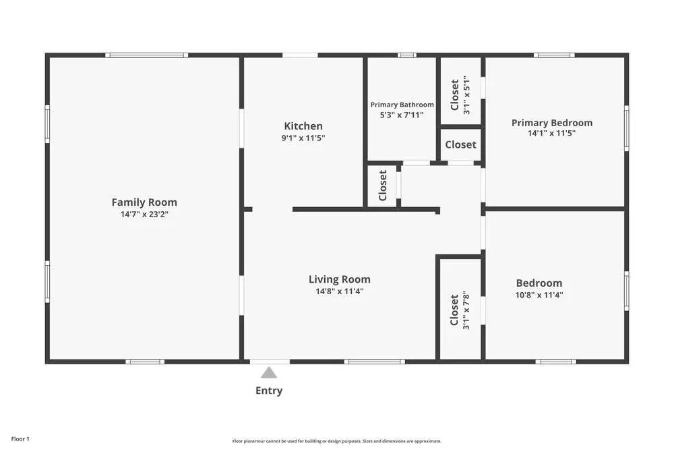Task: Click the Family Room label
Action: (x=144, y=202)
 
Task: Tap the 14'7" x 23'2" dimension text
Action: (x=144, y=215)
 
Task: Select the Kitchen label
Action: (x=303, y=126)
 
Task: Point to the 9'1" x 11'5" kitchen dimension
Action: (x=303, y=138)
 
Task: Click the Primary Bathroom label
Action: (x=402, y=105)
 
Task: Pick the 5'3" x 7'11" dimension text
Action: (x=402, y=115)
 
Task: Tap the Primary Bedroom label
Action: (x=552, y=123)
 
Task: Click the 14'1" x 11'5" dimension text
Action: (x=552, y=134)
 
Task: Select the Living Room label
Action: (x=340, y=279)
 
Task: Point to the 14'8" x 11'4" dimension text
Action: (x=340, y=291)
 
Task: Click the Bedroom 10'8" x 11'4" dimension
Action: (x=539, y=295)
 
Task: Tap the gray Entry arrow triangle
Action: (x=269, y=372)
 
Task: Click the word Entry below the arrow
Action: (x=269, y=391)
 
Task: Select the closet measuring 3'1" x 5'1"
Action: (x=460, y=95)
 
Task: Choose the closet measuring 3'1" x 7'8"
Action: (x=460, y=310)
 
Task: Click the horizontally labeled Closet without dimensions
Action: (x=460, y=144)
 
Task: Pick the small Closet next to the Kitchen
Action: (x=383, y=186)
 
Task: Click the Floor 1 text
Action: (x=20, y=439)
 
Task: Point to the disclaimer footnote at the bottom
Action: (x=337, y=441)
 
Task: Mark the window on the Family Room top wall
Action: (x=146, y=55)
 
